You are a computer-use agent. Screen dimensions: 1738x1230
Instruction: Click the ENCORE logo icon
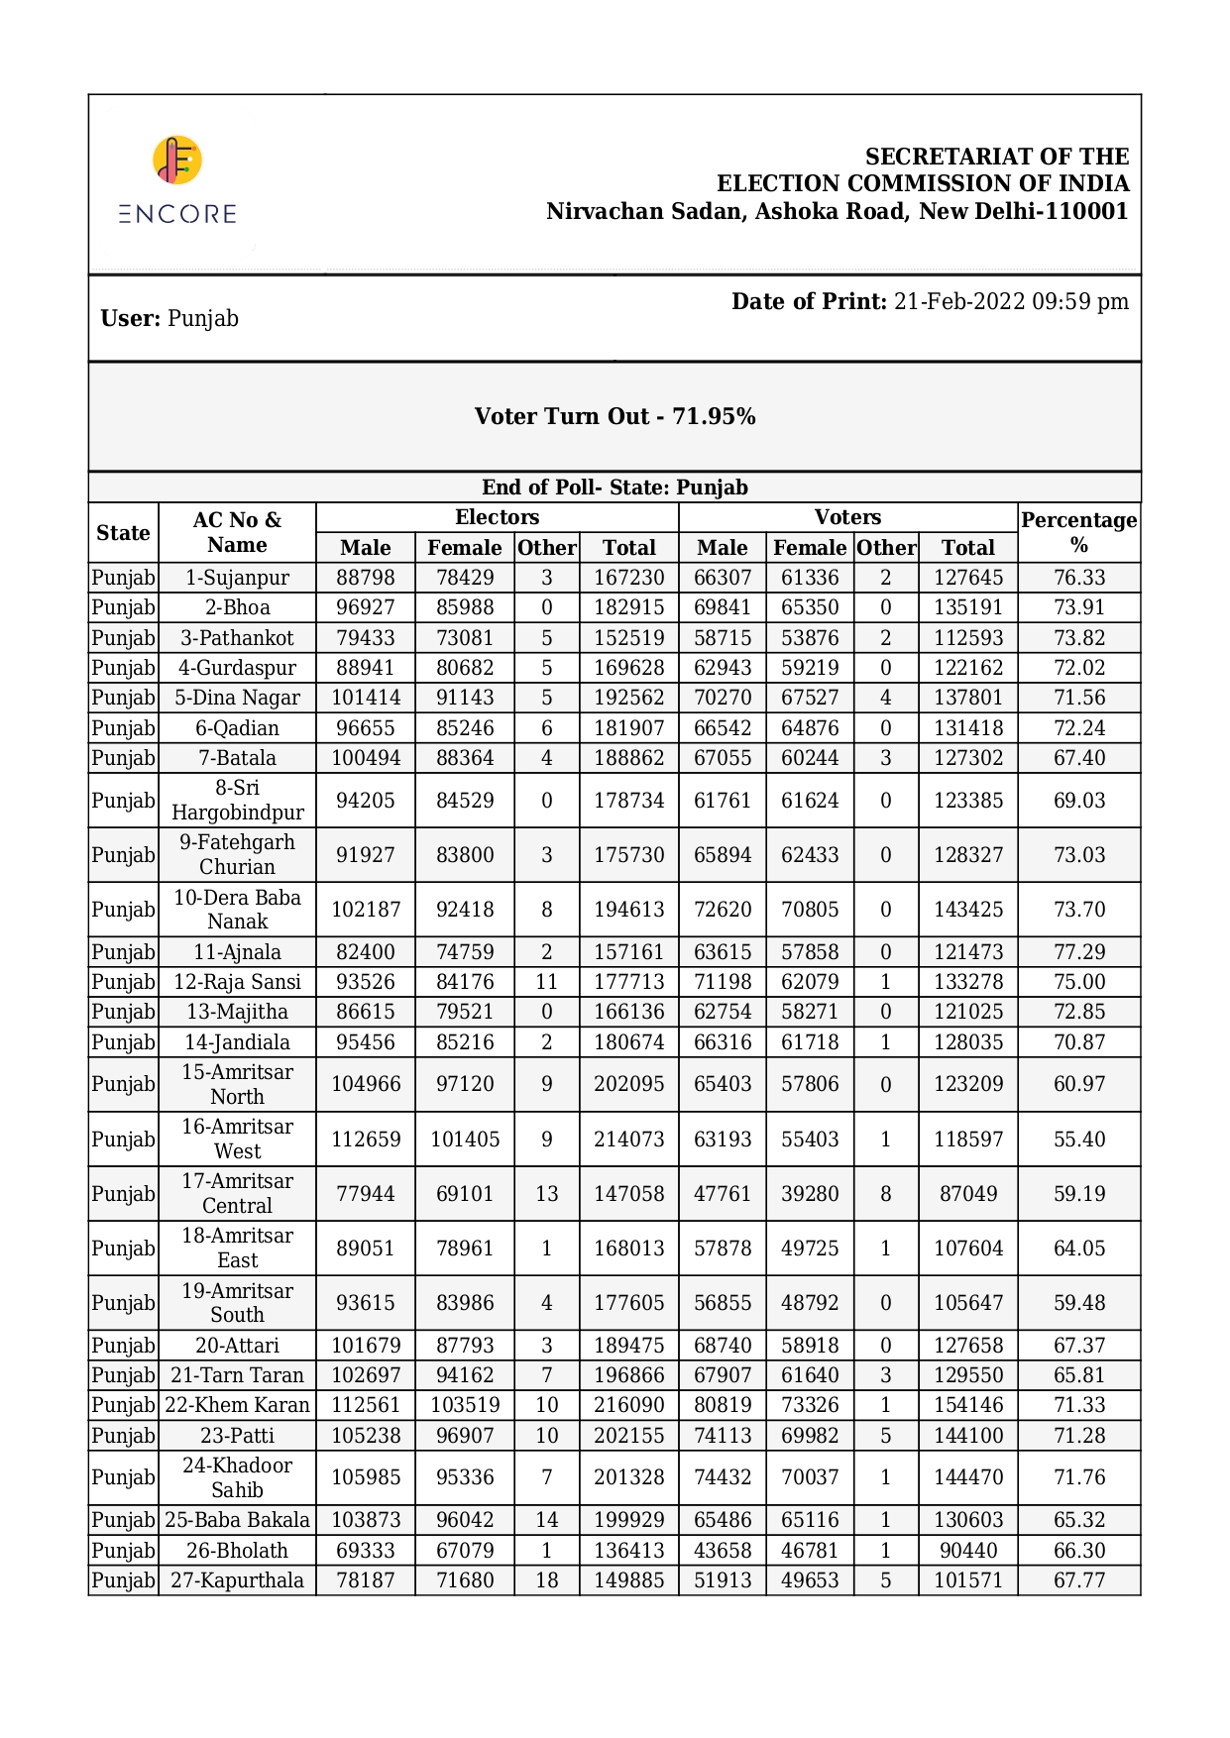[177, 161]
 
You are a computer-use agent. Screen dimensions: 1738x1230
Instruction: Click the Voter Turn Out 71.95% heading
[615, 416]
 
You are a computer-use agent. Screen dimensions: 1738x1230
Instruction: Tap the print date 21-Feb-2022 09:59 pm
[1010, 302]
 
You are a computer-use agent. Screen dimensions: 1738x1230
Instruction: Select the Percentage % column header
[1078, 532]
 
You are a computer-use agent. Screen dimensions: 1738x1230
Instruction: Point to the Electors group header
[497, 517]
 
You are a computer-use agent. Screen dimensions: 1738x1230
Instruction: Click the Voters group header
[847, 517]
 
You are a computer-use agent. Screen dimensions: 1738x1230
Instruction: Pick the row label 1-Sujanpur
[237, 578]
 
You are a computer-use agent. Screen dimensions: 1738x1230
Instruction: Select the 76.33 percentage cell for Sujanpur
[1078, 578]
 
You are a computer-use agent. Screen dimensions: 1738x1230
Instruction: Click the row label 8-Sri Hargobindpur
[237, 801]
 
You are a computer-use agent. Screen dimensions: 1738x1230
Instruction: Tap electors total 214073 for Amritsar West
[628, 1140]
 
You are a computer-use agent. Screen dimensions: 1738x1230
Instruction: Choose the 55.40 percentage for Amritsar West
[1078, 1140]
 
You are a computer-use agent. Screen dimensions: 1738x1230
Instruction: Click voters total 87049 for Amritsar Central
[967, 1194]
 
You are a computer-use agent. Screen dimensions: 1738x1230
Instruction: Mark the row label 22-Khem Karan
[237, 1405]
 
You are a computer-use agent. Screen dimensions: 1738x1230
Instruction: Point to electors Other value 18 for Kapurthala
[546, 1580]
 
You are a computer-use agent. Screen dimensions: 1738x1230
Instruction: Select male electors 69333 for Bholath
[365, 1551]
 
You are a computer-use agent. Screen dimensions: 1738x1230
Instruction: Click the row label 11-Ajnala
[237, 952]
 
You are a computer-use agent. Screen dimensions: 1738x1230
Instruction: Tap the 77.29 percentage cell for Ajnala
[1078, 952]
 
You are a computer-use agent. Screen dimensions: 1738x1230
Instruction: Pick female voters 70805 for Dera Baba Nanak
[810, 910]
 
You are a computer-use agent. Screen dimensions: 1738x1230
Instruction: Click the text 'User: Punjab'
[169, 319]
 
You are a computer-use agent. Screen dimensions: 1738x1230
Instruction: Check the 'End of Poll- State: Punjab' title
[615, 488]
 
